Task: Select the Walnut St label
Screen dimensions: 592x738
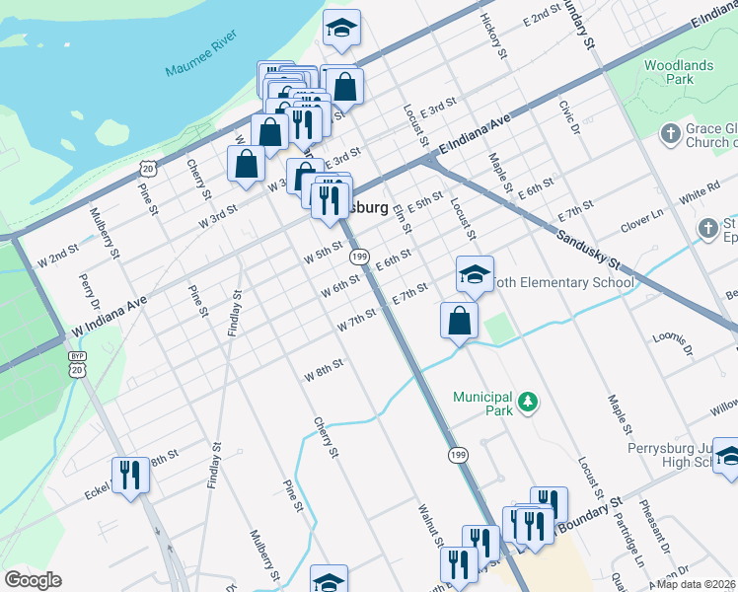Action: [430, 525]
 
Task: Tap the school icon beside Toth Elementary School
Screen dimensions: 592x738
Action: [475, 274]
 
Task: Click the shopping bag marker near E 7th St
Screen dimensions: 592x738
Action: [459, 321]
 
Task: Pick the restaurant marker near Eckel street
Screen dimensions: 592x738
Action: [130, 476]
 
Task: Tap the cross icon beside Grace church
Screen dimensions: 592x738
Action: [670, 134]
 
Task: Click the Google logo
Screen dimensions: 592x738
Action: [33, 581]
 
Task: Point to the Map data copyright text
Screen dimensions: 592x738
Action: [697, 584]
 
